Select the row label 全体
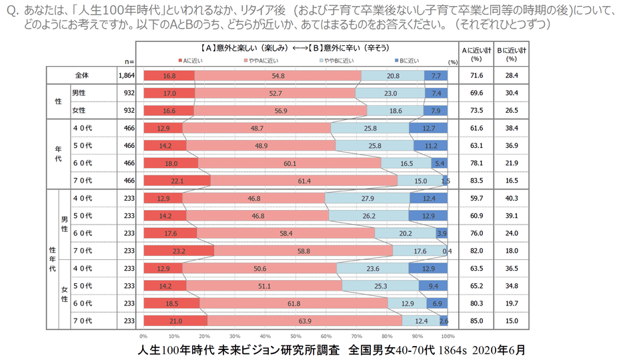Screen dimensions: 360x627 [x=83, y=76]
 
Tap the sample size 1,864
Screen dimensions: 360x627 [x=126, y=76]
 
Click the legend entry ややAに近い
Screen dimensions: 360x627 [x=257, y=60]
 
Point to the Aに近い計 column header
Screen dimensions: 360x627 [x=476, y=53]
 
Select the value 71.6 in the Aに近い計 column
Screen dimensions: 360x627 [x=476, y=76]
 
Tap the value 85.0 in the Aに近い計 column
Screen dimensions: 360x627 [x=476, y=320]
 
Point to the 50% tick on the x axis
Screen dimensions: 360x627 [x=295, y=336]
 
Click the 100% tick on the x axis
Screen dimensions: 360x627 [x=448, y=336]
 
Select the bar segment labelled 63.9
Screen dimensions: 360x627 [x=305, y=320]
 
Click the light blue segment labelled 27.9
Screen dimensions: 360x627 [x=367, y=198]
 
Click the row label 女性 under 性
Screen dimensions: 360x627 [x=79, y=111]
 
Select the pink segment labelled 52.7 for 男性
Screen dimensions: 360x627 [x=275, y=93]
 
